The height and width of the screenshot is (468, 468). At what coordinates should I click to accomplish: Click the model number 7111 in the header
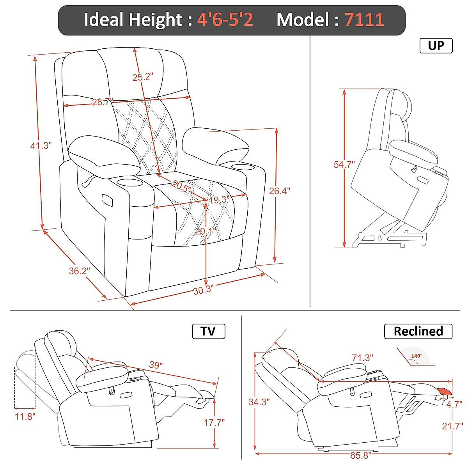(x=364, y=19)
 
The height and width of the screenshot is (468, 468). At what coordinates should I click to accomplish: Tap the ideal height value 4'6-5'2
(x=225, y=19)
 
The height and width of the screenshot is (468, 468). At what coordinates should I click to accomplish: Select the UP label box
(x=436, y=46)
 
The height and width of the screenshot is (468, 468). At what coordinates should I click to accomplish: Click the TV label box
(x=208, y=331)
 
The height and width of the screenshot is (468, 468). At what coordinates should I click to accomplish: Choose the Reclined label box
(x=418, y=331)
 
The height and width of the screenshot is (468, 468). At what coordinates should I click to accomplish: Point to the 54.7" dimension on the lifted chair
(x=344, y=165)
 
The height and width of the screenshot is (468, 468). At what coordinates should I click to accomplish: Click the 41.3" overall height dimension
(x=41, y=146)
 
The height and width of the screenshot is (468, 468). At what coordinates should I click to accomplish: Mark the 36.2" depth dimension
(x=79, y=271)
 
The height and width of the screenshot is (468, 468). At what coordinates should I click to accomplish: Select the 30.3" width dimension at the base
(x=203, y=290)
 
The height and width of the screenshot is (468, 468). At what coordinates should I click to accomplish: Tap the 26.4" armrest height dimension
(x=279, y=191)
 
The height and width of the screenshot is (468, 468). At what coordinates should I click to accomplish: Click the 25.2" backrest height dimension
(x=142, y=77)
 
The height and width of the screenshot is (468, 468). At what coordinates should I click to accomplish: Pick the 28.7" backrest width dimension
(x=102, y=102)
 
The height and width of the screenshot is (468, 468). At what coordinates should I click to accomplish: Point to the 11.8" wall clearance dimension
(x=25, y=416)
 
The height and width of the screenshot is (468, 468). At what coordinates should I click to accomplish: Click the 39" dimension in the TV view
(x=156, y=365)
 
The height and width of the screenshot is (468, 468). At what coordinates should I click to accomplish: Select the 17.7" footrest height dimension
(x=214, y=422)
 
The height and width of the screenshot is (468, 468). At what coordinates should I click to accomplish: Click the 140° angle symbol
(x=416, y=356)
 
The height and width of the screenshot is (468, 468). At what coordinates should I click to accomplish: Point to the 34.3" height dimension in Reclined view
(x=259, y=402)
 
